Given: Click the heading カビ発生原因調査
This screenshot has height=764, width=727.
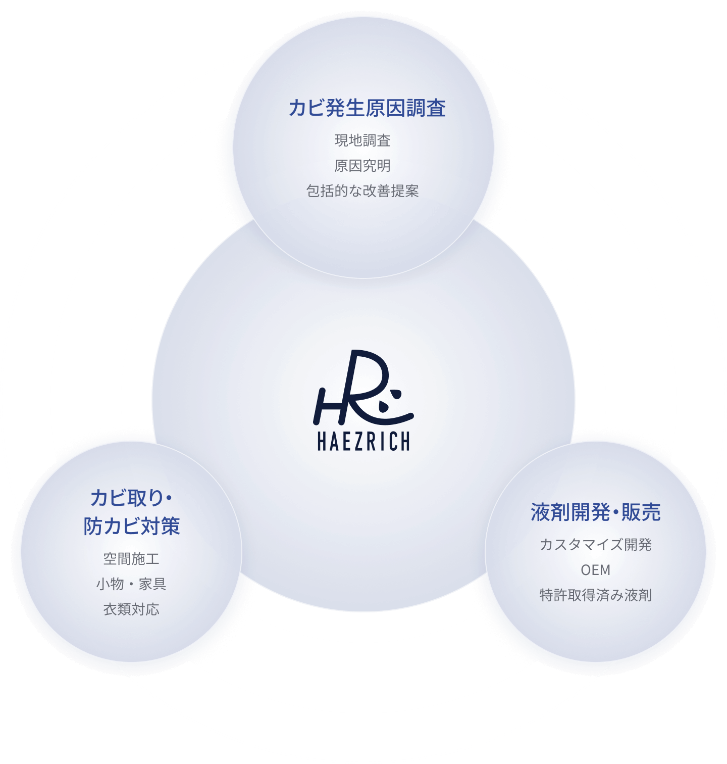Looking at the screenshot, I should [x=367, y=108].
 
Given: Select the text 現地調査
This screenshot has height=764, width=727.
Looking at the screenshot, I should [x=362, y=140].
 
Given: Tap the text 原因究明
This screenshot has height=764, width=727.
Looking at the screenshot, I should [x=362, y=166].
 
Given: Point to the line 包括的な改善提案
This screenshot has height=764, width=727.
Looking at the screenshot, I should [x=362, y=191].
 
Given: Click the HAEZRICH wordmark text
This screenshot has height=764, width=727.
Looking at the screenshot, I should [x=363, y=441].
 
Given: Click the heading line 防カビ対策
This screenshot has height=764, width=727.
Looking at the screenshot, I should [x=132, y=526].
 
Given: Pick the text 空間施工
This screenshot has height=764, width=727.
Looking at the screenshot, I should [x=131, y=559].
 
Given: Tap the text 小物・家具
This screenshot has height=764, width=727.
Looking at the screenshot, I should [x=131, y=584].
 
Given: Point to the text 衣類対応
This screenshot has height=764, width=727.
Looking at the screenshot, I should [x=131, y=609].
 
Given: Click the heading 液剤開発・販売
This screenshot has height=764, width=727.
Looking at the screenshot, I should [x=596, y=512].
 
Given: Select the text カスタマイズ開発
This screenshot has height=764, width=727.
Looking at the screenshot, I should [x=596, y=545].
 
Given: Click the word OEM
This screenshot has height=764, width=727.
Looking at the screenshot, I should [x=596, y=570].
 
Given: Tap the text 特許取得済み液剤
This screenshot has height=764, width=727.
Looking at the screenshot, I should [x=596, y=595].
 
